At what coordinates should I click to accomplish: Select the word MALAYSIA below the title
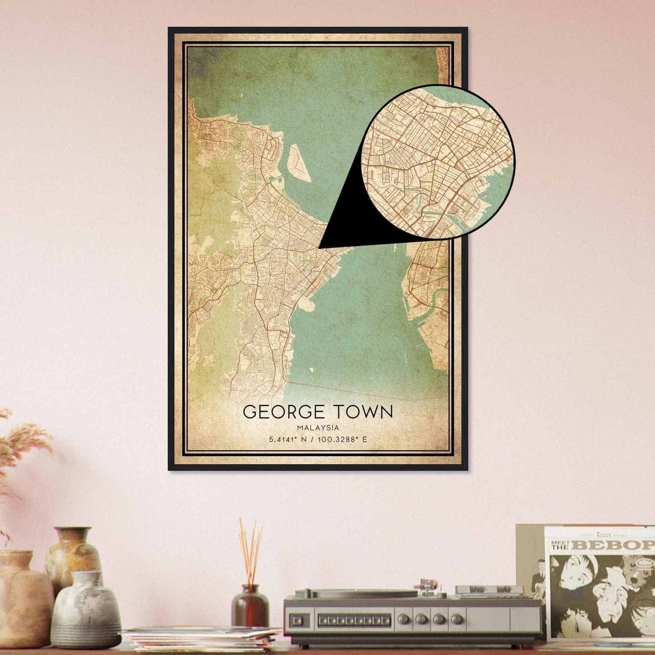click(x=318, y=428)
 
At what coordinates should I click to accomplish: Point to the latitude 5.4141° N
click(x=288, y=440)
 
